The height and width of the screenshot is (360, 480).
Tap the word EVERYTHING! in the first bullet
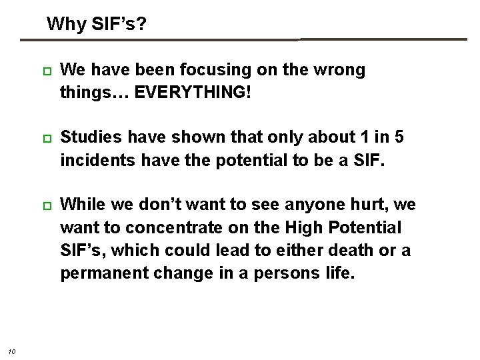[x=193, y=92]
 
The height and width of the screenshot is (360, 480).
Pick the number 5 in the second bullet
[x=399, y=137]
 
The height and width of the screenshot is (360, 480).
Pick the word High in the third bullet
[x=304, y=228]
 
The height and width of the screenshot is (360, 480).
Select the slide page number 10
[x=13, y=352]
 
